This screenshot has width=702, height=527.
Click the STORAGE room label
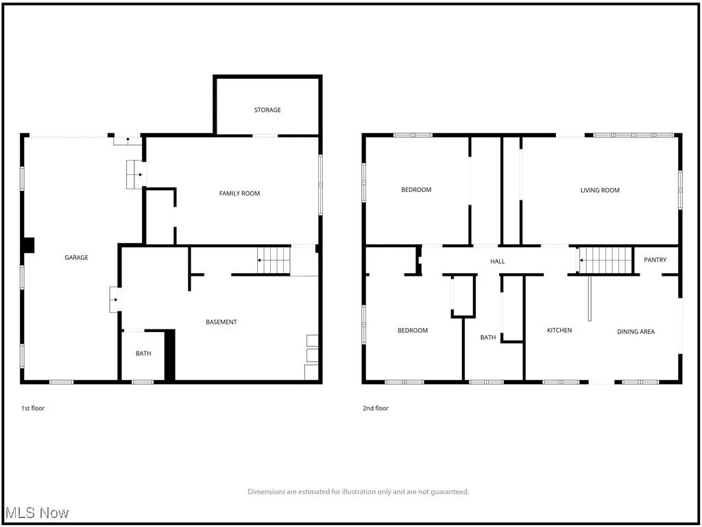point(267,110)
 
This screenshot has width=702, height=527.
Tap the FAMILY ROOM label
point(239,194)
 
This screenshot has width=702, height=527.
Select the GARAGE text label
point(76,257)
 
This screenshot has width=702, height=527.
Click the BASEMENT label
point(221,322)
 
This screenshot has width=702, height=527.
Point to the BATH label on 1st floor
point(143,353)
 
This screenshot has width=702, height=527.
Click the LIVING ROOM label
point(600,190)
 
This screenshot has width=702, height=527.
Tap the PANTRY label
point(655,260)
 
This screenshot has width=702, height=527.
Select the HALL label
point(498,261)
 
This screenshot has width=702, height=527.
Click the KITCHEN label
point(559,331)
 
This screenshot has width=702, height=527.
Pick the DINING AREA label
point(636,331)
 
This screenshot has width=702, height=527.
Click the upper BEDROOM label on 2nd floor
point(416,190)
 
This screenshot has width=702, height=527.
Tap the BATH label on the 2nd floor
point(488,338)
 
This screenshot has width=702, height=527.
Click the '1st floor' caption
point(33,408)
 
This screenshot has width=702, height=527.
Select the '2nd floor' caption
point(376,408)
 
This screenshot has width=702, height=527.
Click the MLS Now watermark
point(36,513)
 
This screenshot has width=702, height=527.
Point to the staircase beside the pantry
point(606,261)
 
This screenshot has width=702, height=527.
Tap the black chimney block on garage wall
point(28,245)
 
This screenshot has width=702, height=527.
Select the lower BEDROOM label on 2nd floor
point(413,331)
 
